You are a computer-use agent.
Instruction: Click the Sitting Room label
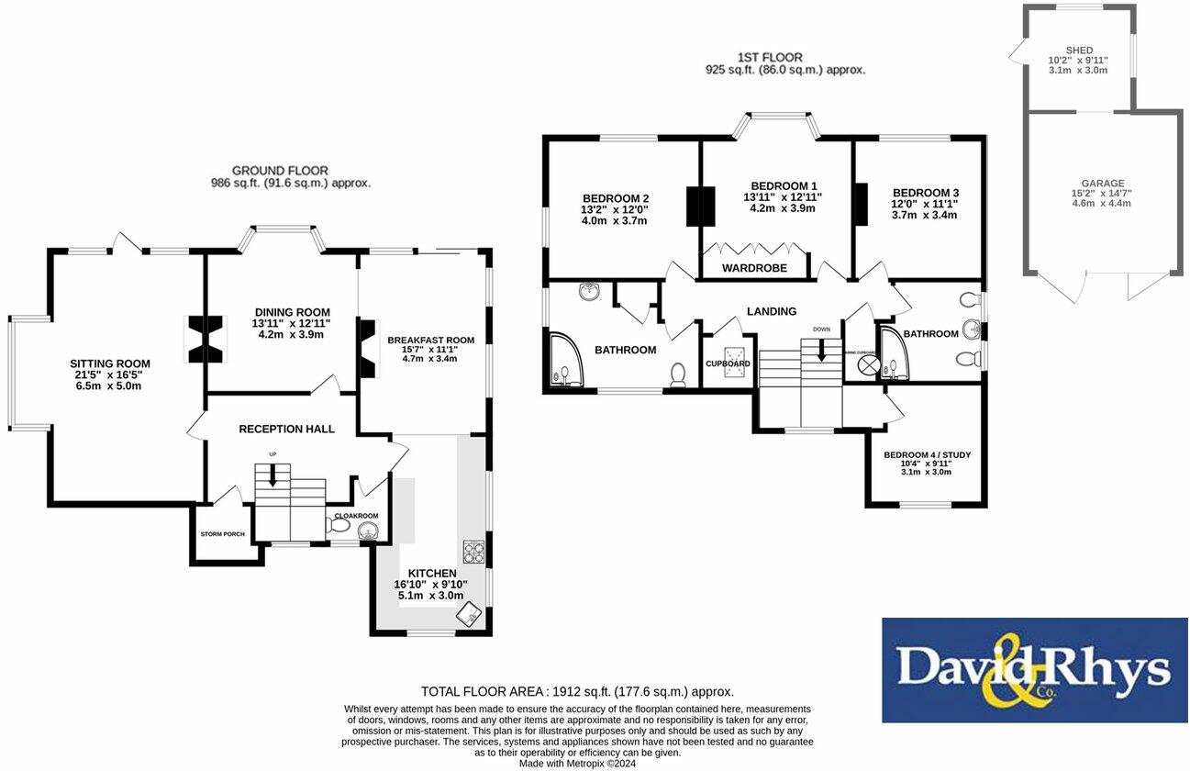[110, 363]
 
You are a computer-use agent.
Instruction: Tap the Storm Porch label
[222, 534]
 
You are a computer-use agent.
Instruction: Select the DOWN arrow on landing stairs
[820, 348]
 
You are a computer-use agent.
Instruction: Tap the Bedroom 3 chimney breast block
[861, 204]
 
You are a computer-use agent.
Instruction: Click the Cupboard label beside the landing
[728, 363]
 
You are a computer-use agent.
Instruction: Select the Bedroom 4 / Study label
[927, 455]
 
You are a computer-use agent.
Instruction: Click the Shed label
[1079, 50]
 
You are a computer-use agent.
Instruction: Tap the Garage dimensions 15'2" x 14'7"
[1102, 194]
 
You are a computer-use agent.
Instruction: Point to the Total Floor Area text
[577, 692]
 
